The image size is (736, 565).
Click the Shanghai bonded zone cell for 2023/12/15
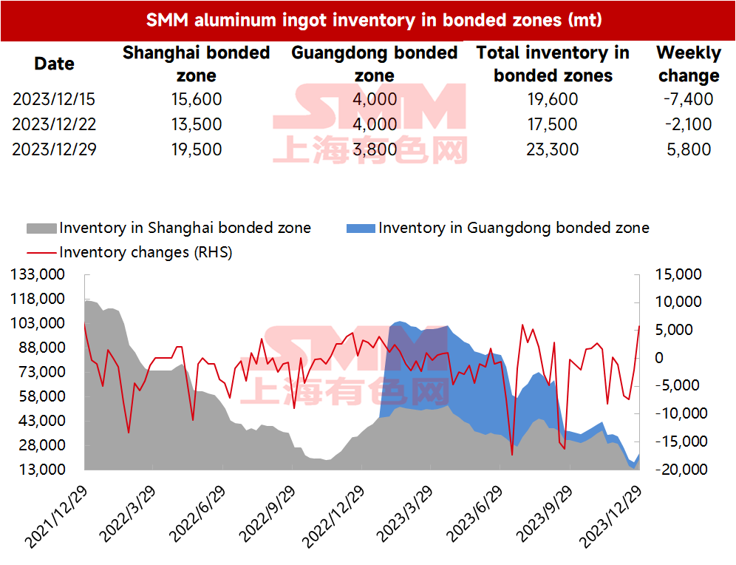pos(197,99)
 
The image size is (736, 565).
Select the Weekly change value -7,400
pos(689,99)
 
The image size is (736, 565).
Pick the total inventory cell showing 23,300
pos(553,149)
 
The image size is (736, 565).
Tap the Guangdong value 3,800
pos(375,149)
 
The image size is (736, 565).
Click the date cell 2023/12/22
pos(54,124)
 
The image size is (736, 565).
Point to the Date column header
pos(54,64)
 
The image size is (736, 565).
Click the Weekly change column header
pos(689,64)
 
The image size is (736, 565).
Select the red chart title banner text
pos(374,20)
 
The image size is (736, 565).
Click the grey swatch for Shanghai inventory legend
pos(42,229)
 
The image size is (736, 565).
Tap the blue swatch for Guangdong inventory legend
pos(361,229)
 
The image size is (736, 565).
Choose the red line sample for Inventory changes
pos(42,253)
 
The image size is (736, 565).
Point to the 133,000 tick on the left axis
pos(38,274)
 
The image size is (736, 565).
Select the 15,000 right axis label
pos(678,274)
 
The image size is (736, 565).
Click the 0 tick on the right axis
pos(659,358)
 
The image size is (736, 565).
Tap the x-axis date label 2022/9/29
pos(267,514)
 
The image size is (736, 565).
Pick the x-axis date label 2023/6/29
pos(474,514)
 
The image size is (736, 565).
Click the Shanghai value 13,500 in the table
pos(197,124)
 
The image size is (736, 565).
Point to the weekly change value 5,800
pos(689,149)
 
